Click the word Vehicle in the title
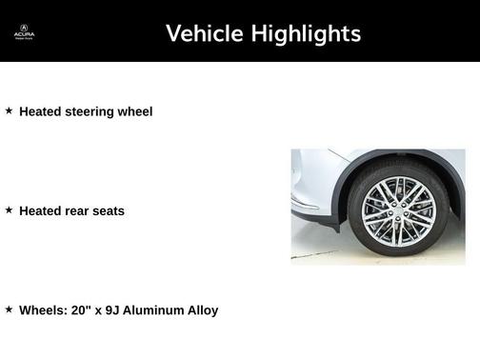pyautogui.click(x=202, y=33)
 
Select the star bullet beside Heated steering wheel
pyautogui.click(x=9, y=110)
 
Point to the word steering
pyautogui.click(x=89, y=111)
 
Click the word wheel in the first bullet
pyautogui.click(x=134, y=111)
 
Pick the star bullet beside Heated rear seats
pyautogui.click(x=9, y=210)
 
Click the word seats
pyautogui.click(x=109, y=210)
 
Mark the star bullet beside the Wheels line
pyautogui.click(x=9, y=309)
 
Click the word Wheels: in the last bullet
pyautogui.click(x=43, y=310)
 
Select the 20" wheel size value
pyautogui.click(x=82, y=310)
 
